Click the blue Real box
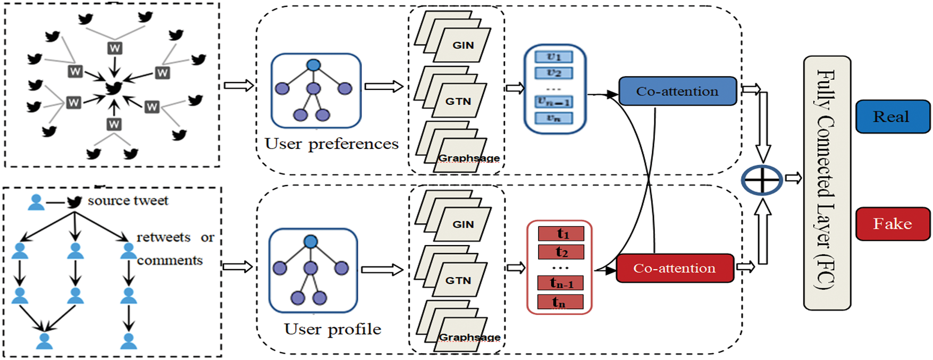pyautogui.click(x=893, y=116)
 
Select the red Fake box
pyautogui.click(x=893, y=224)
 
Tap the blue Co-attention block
pyautogui.click(x=677, y=91)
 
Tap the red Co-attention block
pyautogui.click(x=674, y=269)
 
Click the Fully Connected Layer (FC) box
pyautogui.click(x=826, y=182)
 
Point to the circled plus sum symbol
pyautogui.click(x=762, y=180)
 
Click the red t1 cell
pyautogui.click(x=561, y=233)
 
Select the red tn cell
pyautogui.click(x=560, y=302)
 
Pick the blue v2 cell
pyautogui.click(x=553, y=72)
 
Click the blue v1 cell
pyautogui.click(x=553, y=56)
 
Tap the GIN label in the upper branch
pyautogui.click(x=463, y=46)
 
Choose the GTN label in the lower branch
pyautogui.click(x=458, y=280)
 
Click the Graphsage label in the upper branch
pyautogui.click(x=468, y=158)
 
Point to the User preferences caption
pyautogui.click(x=331, y=144)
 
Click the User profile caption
pyautogui.click(x=332, y=329)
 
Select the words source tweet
pyautogui.click(x=128, y=201)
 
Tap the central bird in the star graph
pyautogui.click(x=114, y=88)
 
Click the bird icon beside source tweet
pyautogui.click(x=74, y=202)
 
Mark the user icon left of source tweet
pyautogui.click(x=36, y=202)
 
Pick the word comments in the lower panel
pyautogui.click(x=170, y=261)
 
